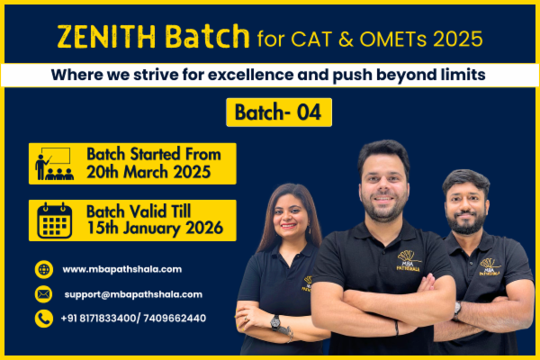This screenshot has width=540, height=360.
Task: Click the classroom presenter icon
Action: (53, 163)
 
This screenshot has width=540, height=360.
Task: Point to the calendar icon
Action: (54, 220)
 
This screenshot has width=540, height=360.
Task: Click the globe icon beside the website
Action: (44, 269)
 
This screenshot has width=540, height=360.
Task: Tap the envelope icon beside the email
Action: (44, 294)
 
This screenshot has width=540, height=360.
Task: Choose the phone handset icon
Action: (44, 319)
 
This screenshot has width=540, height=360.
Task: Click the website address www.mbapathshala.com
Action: (122, 269)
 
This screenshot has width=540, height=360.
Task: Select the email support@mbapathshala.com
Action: (133, 294)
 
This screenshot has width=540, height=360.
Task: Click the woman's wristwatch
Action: (274, 321)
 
